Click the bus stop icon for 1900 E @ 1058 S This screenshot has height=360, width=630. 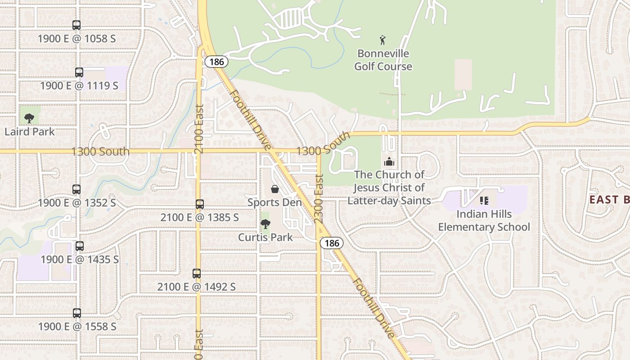coord(76,25)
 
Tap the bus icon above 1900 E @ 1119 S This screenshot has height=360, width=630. coord(79,72)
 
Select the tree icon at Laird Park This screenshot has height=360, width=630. coord(29,118)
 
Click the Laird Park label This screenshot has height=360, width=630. coord(30,132)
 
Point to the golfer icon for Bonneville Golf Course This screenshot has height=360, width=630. coord(382,40)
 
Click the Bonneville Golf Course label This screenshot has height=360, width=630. coord(383,60)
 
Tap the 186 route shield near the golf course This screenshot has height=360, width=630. coord(216,62)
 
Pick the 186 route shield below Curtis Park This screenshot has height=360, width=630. coord(332,243)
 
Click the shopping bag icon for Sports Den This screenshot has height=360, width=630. coord(274,189)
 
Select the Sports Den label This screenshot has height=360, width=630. coord(274,202)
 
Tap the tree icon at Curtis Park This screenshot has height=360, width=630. coord(265,224)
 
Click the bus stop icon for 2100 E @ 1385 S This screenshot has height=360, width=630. coord(200,204)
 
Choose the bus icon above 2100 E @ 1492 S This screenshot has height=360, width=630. coord(197,273)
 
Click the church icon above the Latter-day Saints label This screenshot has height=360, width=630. coord(389,162)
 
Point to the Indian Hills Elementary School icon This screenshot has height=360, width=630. coord(484,200)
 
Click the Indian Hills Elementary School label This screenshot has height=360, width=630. coord(484,220)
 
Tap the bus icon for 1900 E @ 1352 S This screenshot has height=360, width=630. coord(76,189)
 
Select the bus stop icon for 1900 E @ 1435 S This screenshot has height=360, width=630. coord(80,246)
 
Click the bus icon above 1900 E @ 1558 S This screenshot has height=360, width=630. coord(77,313)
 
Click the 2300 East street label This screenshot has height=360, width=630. coord(319,198)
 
